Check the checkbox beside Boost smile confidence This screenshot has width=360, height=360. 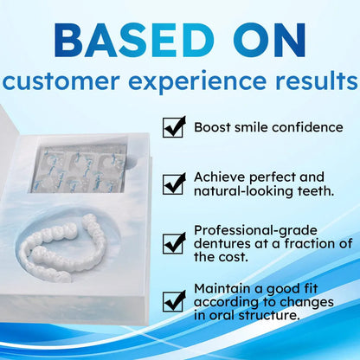[x=174, y=127]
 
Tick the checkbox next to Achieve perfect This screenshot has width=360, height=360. [x=174, y=183]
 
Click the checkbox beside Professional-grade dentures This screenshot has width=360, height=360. [x=174, y=242]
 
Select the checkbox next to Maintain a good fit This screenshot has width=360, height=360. [x=174, y=299]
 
